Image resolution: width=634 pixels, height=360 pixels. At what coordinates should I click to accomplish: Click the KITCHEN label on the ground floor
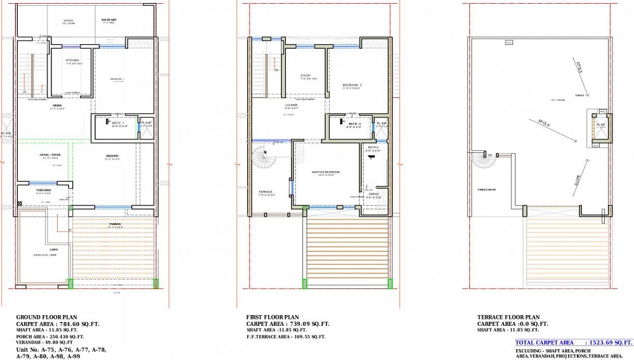[72, 60]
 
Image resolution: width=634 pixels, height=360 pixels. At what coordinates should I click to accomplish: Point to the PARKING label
[115, 223]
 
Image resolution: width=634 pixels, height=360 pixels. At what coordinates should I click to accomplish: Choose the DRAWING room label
[112, 155]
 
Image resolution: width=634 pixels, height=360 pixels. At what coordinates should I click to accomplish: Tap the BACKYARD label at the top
[109, 20]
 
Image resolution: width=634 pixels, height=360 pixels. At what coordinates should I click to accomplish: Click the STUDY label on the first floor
[306, 75]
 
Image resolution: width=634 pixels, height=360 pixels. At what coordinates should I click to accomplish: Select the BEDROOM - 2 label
[352, 84]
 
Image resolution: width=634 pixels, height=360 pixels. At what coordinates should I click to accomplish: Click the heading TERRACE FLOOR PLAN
[508, 316]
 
